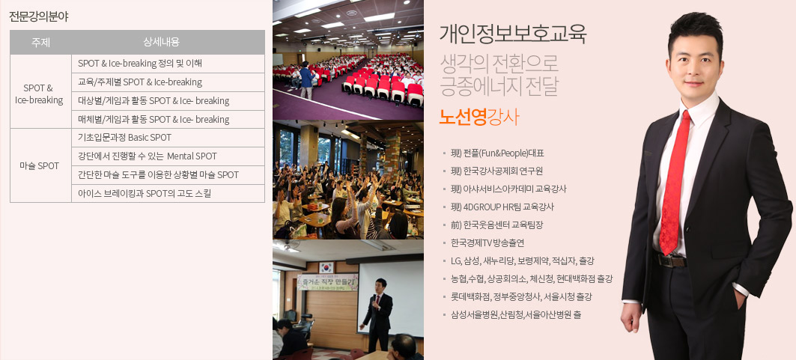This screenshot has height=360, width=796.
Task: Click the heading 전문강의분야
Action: coord(39,16)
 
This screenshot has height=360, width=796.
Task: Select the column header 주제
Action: coord(40,42)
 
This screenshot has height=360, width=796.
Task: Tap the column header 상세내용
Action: coord(162,42)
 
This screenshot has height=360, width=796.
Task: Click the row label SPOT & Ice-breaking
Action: coord(39,94)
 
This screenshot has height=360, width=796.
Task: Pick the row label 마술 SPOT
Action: coord(40,166)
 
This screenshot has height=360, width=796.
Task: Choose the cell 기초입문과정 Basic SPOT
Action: coord(125,138)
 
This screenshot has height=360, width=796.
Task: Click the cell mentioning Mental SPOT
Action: coord(148,156)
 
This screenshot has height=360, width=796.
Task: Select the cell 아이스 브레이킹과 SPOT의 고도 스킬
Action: coord(145,193)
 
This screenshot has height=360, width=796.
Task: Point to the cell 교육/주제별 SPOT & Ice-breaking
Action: coord(140,82)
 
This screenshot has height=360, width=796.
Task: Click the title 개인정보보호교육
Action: coord(513,34)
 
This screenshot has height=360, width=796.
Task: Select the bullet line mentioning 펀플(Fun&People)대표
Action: coord(497,153)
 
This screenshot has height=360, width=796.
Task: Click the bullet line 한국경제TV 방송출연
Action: coord(487,243)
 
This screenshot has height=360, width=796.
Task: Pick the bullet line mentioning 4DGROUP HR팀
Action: coord(502,207)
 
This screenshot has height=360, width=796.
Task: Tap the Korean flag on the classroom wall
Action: coord(326,267)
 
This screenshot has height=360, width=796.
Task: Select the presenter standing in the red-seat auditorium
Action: coord(306,80)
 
